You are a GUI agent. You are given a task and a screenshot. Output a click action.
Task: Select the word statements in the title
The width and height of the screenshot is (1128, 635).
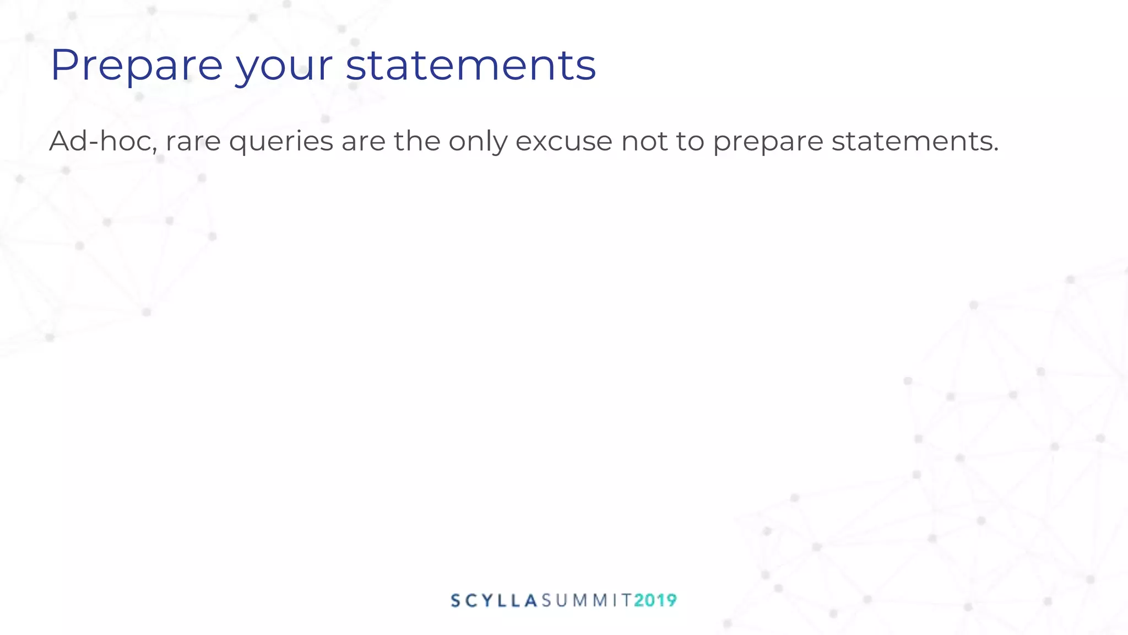471,66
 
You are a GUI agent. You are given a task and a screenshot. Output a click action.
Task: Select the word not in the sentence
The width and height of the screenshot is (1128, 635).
644,142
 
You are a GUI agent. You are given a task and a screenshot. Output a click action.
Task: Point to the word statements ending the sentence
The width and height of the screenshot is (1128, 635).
912,142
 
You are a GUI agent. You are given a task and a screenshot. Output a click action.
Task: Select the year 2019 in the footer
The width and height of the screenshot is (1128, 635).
655,600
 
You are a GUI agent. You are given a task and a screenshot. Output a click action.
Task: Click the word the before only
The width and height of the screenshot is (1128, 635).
417,141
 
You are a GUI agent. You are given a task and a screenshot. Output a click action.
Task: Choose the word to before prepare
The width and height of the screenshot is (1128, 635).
690,142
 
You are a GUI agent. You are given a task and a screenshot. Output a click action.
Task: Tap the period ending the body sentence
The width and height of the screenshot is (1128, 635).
996,150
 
